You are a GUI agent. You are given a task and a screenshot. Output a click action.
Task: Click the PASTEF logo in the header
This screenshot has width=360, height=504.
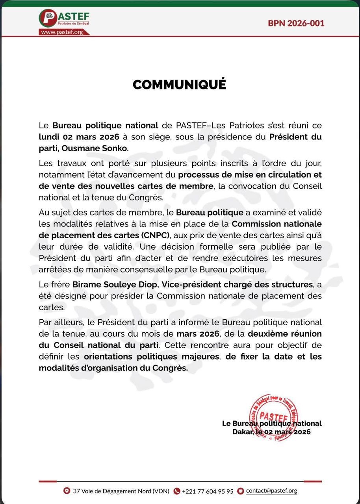click(64, 19)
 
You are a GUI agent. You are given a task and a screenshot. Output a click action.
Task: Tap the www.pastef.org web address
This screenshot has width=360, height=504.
click(63, 32)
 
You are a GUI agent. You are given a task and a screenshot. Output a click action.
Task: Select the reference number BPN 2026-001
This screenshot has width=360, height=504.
click(296, 23)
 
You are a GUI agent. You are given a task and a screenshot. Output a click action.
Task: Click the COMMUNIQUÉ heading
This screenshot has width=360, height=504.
click(179, 85)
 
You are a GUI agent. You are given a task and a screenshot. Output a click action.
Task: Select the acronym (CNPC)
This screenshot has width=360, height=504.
click(155, 235)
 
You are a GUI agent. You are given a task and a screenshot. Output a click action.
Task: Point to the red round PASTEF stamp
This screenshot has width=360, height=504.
click(273, 417)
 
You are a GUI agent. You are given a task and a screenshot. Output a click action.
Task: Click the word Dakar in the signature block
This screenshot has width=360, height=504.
click(241, 432)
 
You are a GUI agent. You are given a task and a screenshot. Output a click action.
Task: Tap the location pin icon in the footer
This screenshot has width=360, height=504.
click(67, 491)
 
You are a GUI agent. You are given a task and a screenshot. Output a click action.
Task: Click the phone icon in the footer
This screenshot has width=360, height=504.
click(177, 491)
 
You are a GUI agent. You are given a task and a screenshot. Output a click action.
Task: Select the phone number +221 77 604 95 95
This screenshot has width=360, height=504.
click(208, 491)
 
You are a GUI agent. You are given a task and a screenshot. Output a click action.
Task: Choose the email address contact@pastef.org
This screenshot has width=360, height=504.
click(271, 491)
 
